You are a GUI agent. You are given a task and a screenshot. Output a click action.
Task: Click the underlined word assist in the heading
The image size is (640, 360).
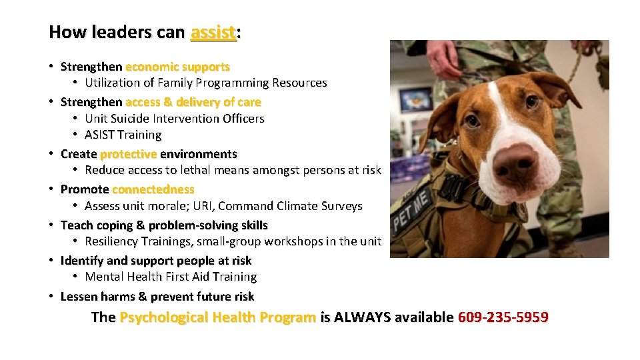click(x=213, y=32)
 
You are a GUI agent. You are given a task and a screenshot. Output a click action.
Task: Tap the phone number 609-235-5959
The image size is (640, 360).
click(x=503, y=317)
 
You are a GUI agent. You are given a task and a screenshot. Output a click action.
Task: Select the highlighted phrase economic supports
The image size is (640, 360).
click(x=177, y=67)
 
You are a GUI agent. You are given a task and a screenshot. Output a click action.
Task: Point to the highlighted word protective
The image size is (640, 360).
click(x=128, y=154)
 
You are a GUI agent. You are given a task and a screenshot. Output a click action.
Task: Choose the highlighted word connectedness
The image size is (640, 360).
click(x=153, y=189)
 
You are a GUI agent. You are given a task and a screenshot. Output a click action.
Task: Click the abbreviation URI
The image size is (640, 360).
click(x=197, y=206)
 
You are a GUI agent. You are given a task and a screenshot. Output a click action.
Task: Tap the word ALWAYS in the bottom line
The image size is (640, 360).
click(x=363, y=317)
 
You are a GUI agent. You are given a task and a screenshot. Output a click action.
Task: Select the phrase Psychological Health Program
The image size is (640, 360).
click(x=217, y=317)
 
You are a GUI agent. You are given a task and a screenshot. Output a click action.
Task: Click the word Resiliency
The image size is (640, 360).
click(x=114, y=241)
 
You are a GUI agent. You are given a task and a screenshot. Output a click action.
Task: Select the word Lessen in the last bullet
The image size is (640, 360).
click(x=79, y=297)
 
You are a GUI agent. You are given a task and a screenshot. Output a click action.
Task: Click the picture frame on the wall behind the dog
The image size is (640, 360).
click(x=415, y=99)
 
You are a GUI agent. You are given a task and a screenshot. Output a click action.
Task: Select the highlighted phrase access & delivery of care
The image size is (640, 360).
click(x=193, y=102)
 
